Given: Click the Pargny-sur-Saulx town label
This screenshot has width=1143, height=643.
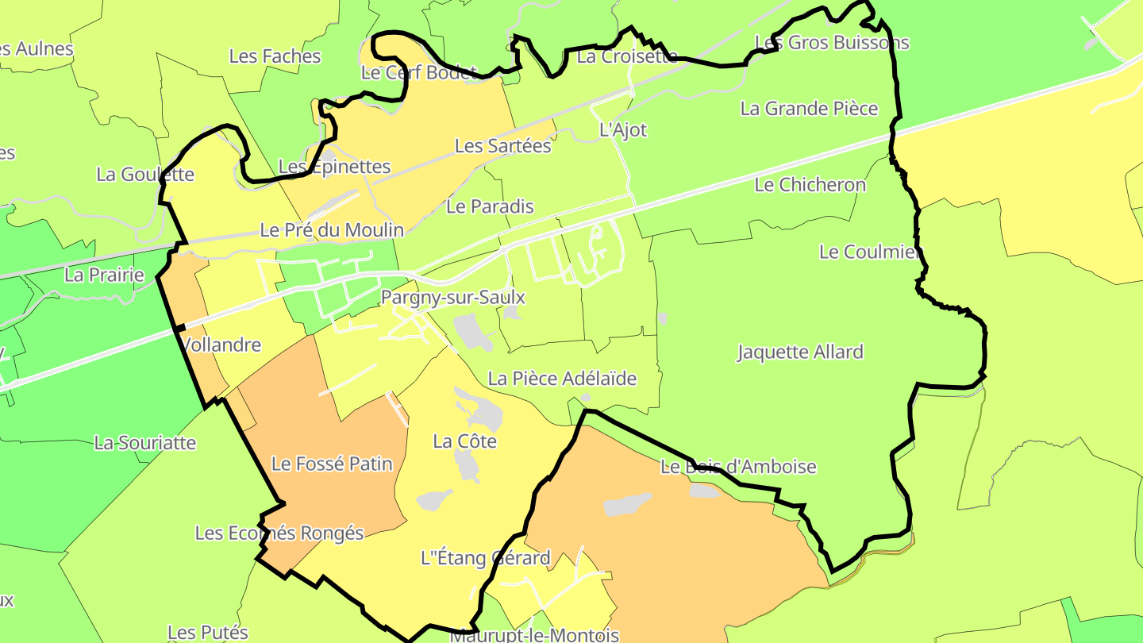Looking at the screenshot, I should pos(453,298).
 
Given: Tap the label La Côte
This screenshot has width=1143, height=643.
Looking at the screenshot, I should pos(464,441).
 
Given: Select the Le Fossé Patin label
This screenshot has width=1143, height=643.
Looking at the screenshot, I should pos(332,464).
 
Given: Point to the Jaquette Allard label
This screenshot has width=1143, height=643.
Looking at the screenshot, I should pos(800,352).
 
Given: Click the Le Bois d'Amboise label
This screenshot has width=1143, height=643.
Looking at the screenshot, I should pos(738,467).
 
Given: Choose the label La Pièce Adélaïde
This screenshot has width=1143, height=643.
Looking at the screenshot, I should pos(562,379).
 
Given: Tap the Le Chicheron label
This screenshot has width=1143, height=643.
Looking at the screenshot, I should pos(810,185).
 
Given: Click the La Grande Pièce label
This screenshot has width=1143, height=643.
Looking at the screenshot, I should pos(809,109).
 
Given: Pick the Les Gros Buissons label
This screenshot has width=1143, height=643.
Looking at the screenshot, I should pos(832,42).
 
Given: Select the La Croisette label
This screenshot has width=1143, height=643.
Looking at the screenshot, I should pos(627,56).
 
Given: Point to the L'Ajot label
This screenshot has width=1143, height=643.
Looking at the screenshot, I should pos(623,130).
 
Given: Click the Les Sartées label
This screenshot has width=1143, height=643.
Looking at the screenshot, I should pos(502,146).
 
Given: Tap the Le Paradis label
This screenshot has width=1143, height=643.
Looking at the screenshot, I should pos(490,206).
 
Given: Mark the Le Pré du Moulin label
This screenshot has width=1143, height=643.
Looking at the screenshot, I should pos(332,230).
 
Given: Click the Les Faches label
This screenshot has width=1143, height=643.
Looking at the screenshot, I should pos(275,56).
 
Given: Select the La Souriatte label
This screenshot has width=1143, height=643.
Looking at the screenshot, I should pos(144,443).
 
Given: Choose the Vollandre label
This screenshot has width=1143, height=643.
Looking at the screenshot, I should pos(221,345).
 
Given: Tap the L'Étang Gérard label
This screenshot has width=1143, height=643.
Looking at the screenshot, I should pos(485,558).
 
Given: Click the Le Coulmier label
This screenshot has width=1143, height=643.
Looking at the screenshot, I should pos(870,252).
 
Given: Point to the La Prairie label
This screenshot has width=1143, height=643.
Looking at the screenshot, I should pos(105,275).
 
